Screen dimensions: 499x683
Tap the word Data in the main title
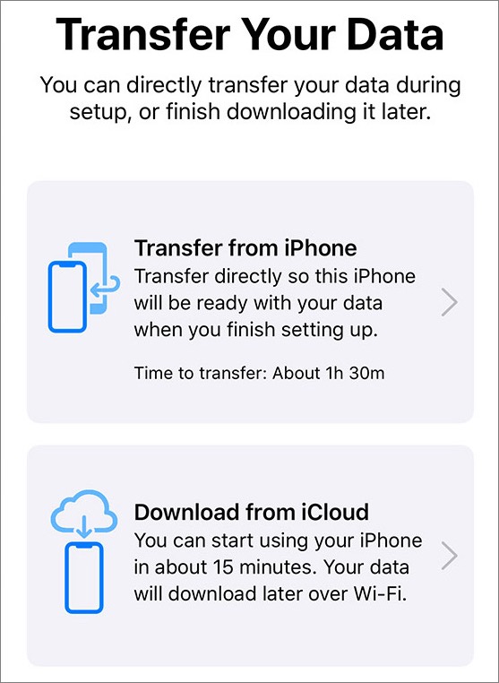[395, 34]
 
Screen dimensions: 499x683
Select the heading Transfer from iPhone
[245, 248]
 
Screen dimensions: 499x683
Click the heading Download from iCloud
[251, 512]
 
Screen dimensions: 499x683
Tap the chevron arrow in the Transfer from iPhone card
[450, 301]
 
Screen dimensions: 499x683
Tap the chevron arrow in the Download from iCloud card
[450, 556]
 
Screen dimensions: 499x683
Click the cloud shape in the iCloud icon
[84, 511]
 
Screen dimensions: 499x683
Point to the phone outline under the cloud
[84, 577]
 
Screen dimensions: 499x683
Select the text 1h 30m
[355, 373]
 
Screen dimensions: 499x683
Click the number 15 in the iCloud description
[223, 567]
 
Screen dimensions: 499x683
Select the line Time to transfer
[259, 373]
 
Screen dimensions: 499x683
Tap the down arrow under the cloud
[84, 526]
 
